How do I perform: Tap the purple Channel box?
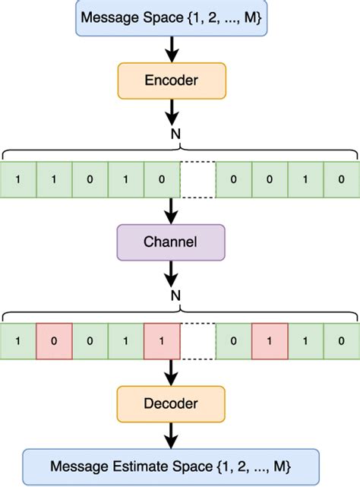(170, 243)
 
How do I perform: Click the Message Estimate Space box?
(170, 464)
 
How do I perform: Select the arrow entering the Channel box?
(170, 210)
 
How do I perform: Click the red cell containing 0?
(54, 341)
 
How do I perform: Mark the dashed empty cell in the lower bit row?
(197, 341)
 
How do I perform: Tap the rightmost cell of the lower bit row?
(341, 341)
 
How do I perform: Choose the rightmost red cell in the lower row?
(270, 341)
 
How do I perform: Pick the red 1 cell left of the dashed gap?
(162, 341)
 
